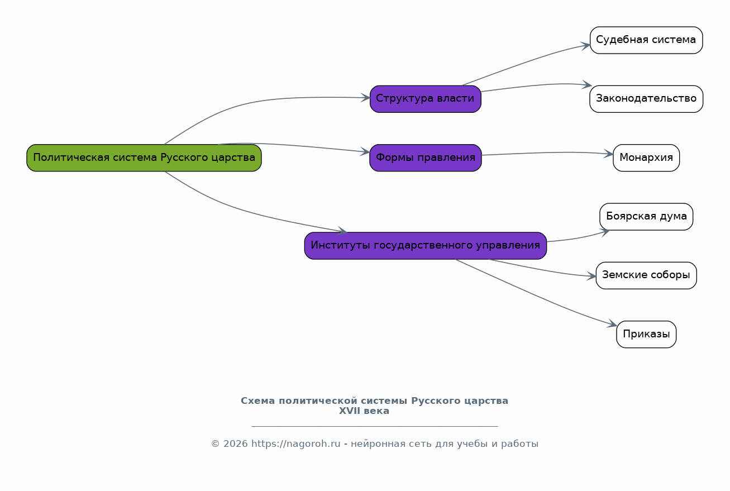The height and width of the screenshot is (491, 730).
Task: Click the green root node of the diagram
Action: click(x=144, y=158)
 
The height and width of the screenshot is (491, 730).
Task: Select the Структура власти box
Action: click(x=425, y=99)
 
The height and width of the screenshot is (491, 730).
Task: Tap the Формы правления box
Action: click(x=425, y=158)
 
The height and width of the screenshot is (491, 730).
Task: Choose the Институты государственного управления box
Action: click(x=425, y=246)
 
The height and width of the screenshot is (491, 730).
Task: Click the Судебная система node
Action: click(x=646, y=40)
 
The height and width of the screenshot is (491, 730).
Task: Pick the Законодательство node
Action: click(x=646, y=99)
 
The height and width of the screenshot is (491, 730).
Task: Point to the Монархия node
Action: click(x=646, y=158)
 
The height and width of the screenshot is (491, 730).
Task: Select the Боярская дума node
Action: click(x=646, y=217)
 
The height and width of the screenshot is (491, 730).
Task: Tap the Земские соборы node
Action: click(x=646, y=275)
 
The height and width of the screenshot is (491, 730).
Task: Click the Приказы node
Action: click(x=646, y=334)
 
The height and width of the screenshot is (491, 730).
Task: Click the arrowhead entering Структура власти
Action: click(x=366, y=98)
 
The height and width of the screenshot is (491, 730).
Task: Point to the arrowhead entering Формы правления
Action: click(x=365, y=151)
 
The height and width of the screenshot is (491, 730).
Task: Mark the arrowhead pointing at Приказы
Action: click(x=612, y=324)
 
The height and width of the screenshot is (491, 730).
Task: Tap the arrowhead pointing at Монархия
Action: click(x=609, y=154)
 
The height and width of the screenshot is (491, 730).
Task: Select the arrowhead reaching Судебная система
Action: click(x=586, y=46)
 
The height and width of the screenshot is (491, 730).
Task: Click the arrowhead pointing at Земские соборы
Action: click(x=591, y=276)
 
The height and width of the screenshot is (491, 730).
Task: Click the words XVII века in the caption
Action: click(x=364, y=411)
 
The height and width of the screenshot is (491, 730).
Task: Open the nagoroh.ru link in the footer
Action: click(x=295, y=444)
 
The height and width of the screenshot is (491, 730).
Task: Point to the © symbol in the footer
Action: click(x=215, y=444)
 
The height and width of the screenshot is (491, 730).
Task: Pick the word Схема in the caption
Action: click(x=258, y=401)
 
